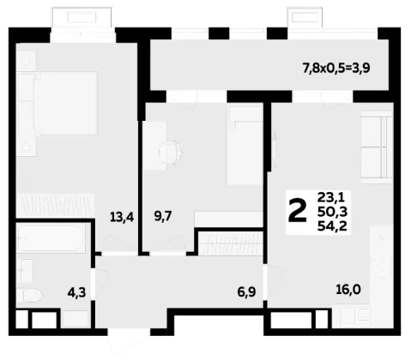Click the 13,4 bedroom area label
pyautogui.click(x=122, y=218)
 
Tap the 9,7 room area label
pyautogui.click(x=163, y=216)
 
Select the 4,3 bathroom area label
pyautogui.click(x=76, y=292)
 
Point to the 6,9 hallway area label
pyautogui.click(x=246, y=292)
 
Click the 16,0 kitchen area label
pyautogui.click(x=348, y=290)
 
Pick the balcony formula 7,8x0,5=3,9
pyautogui.click(x=336, y=69)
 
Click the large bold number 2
pyautogui.click(x=298, y=212)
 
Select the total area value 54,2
pyautogui.click(x=332, y=226)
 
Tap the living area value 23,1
pyautogui.click(x=331, y=197)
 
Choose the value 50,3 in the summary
pyautogui.click(x=332, y=212)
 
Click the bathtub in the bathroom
pyautogui.click(x=51, y=238)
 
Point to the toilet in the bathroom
pyautogui.click(x=29, y=295)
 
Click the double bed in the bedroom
pyautogui.click(x=57, y=104)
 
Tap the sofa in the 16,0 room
pyautogui.click(x=376, y=147)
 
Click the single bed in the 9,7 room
pyautogui.click(x=245, y=144)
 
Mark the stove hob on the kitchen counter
pyautogui.click(x=383, y=265)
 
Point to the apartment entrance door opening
pyautogui.click(x=129, y=332)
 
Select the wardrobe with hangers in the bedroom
pyautogui.click(x=55, y=205)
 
